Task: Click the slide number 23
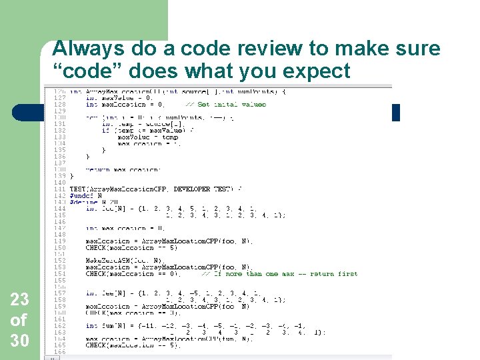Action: (x=19, y=301)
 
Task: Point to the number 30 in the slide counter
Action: (x=19, y=341)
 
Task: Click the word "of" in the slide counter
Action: (x=19, y=321)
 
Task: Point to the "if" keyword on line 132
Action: (x=106, y=130)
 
